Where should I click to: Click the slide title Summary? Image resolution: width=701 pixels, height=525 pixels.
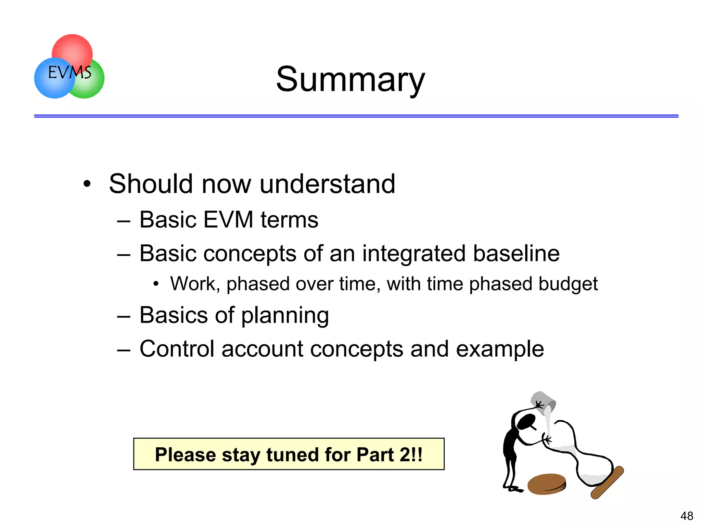(350, 79)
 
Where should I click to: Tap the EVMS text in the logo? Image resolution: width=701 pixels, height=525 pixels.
(69, 73)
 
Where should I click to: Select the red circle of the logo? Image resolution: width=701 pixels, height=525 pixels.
(72, 48)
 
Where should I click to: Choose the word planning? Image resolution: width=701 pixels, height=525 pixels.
(285, 315)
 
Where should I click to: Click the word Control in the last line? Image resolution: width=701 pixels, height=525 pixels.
(177, 349)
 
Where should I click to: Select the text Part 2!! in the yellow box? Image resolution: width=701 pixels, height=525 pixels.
(389, 454)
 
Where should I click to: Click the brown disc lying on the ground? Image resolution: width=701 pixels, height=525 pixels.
(546, 484)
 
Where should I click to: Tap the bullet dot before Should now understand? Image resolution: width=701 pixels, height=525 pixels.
(87, 184)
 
